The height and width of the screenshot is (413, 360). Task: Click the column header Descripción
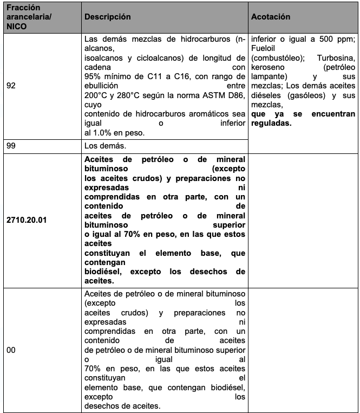pos(107,17)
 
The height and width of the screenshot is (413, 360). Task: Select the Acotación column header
pos(271,17)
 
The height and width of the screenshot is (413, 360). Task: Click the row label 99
pos(11,146)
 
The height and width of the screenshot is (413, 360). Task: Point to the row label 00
pos(11,350)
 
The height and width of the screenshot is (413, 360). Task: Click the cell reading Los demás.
pos(103,146)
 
